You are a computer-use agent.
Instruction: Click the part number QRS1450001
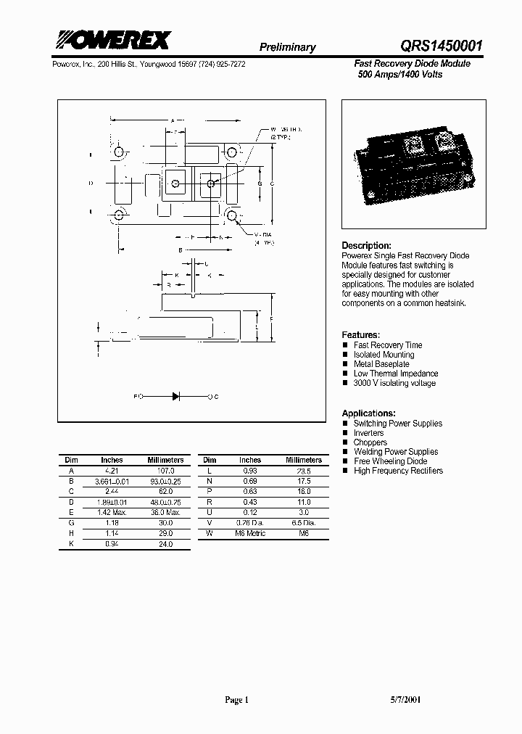pyautogui.click(x=432, y=46)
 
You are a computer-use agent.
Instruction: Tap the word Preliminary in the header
pyautogui.click(x=288, y=47)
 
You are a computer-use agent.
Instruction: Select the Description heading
pyautogui.click(x=366, y=246)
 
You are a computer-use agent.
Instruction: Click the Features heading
pyautogui.click(x=360, y=335)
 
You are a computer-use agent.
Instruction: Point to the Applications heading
pyautogui.click(x=368, y=413)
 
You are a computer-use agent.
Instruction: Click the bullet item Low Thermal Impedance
pyautogui.click(x=395, y=374)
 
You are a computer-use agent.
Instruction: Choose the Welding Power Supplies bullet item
pyautogui.click(x=395, y=452)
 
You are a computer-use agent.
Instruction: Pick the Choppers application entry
pyautogui.click(x=370, y=442)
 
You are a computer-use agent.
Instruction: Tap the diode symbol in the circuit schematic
pyautogui.click(x=175, y=397)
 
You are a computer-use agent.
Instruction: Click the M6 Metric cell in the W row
pyautogui.click(x=250, y=533)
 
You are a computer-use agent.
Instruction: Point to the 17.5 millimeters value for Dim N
pyautogui.click(x=304, y=481)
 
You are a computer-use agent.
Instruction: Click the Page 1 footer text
pyautogui.click(x=236, y=700)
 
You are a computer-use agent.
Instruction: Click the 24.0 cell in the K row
pyautogui.click(x=166, y=543)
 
